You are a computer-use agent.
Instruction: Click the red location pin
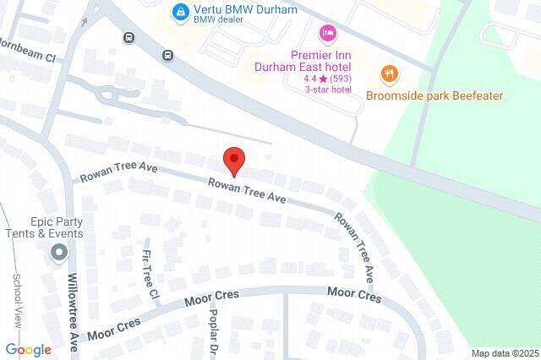tap(234, 160)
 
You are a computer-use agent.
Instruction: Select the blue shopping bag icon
tap(179, 11)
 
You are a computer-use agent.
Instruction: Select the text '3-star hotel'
tap(328, 90)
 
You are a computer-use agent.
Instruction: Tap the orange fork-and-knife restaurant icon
tap(389, 74)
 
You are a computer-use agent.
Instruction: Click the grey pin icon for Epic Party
tap(58, 252)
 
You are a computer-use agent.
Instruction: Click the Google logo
tap(28, 350)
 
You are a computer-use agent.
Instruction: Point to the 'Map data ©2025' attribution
tap(505, 353)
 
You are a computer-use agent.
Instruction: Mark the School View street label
tap(16, 300)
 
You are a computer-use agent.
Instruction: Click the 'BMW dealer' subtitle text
tap(222, 25)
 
